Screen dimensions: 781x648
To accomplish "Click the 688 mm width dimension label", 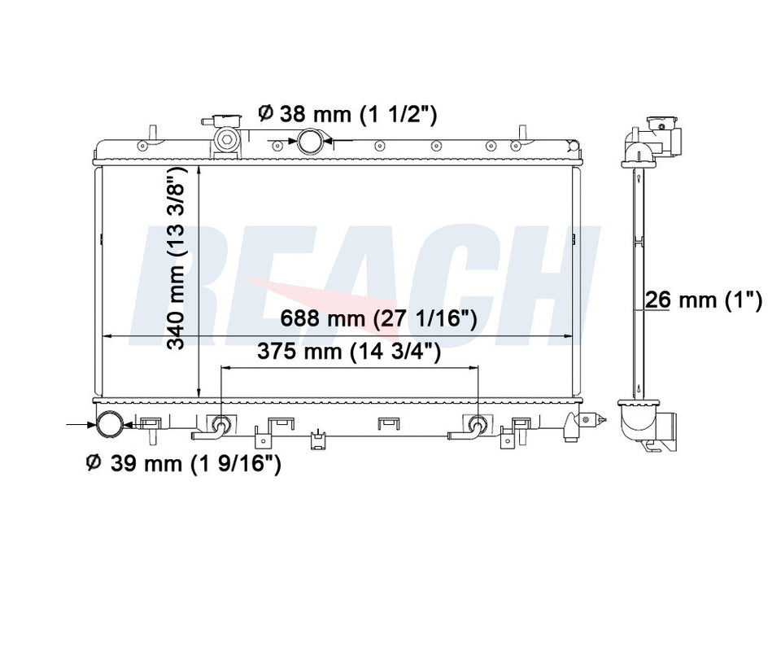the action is pos(378,318).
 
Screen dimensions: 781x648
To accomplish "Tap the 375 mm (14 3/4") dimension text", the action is pos(349,352).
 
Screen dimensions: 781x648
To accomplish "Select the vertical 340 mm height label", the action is pos(176,258).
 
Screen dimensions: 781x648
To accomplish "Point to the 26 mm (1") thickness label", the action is pos(703,300).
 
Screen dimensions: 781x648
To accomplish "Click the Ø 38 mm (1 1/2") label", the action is pos(347,114).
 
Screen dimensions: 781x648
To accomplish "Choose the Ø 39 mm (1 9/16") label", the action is pos(184,463).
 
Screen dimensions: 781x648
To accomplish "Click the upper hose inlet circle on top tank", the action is pos(310,141).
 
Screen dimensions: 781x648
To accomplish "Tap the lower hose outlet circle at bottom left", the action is pos(110,425).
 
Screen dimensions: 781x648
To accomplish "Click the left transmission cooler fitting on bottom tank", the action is pos(220,425).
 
